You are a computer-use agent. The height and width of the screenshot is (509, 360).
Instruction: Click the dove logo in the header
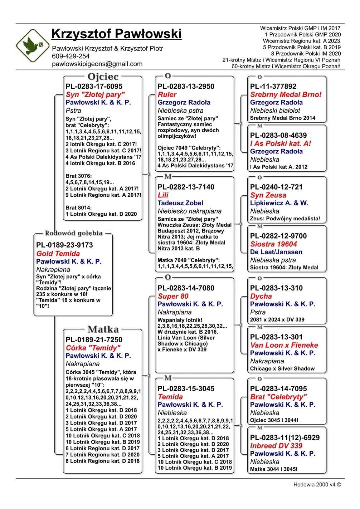(x=33, y=45)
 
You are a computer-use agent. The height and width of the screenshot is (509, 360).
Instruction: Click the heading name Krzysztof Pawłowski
(x=116, y=34)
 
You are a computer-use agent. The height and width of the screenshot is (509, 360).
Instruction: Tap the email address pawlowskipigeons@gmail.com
(x=97, y=64)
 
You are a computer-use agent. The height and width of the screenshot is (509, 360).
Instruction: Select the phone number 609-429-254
(x=70, y=56)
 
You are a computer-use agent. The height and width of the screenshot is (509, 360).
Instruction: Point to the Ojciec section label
(x=103, y=77)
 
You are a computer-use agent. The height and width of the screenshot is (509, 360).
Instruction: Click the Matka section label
(x=103, y=329)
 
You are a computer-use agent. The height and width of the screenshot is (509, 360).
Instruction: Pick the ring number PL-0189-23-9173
(x=64, y=245)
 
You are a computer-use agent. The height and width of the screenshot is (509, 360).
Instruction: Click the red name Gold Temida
(x=58, y=254)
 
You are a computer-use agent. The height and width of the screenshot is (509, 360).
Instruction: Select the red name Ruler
(x=167, y=95)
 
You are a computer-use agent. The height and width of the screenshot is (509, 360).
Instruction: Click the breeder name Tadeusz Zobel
(x=180, y=203)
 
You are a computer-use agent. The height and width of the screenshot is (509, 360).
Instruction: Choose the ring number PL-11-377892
(x=273, y=86)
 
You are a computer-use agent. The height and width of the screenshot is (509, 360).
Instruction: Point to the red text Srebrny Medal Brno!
(x=286, y=95)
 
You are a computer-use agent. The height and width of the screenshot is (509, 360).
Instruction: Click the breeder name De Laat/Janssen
(x=276, y=252)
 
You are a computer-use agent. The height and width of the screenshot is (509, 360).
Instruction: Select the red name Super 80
(x=173, y=297)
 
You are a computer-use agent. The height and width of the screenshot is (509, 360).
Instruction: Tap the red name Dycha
(x=261, y=297)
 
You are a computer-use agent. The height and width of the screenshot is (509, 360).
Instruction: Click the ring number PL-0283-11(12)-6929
(x=285, y=437)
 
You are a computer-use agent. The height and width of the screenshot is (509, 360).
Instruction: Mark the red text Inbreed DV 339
(x=276, y=446)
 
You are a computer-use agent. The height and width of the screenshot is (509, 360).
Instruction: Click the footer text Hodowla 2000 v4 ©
(x=317, y=485)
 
